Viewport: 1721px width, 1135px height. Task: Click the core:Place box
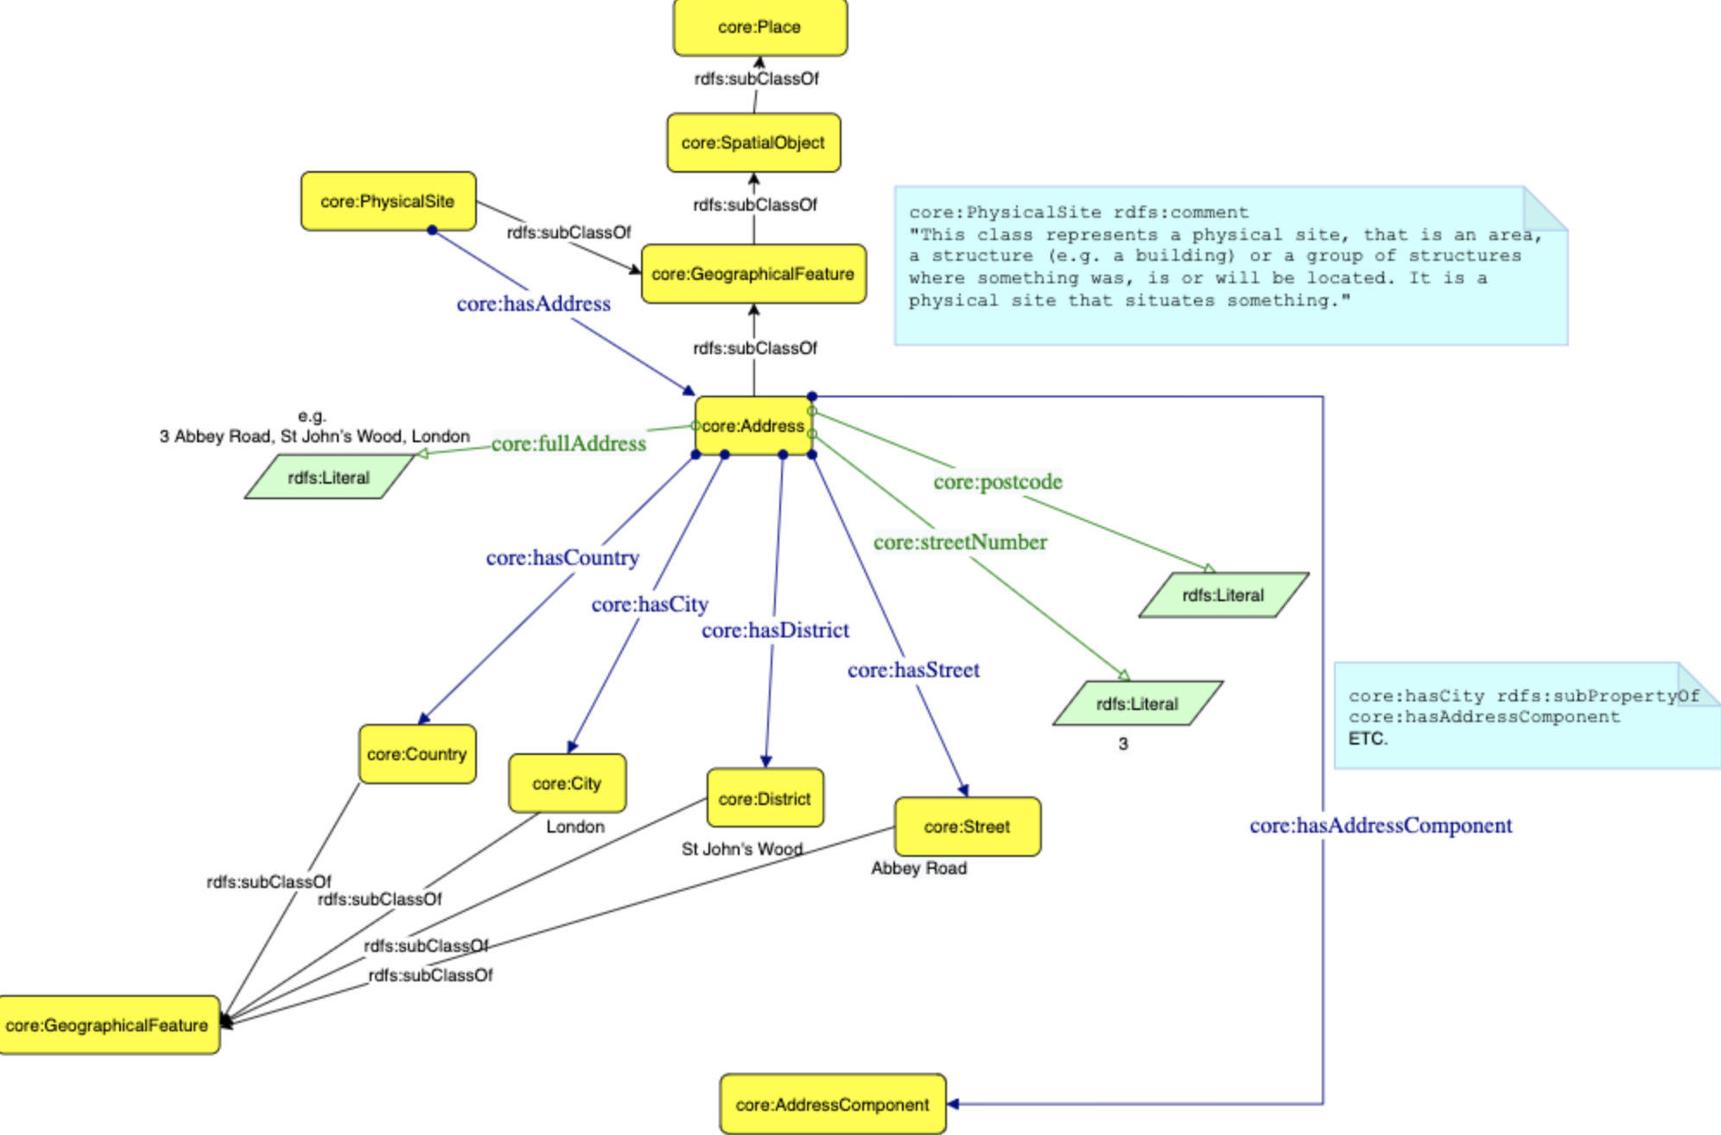(x=759, y=28)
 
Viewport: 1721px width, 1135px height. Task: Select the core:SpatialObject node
(x=753, y=143)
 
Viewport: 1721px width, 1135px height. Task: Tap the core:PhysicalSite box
(x=388, y=201)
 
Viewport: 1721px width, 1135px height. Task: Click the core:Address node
(x=753, y=426)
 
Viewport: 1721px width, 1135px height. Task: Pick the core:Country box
(x=417, y=754)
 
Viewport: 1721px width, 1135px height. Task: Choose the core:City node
(x=567, y=783)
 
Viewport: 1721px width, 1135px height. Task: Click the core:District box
(x=765, y=798)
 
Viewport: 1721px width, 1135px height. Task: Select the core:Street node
(x=967, y=827)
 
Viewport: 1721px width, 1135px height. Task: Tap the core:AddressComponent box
(x=832, y=1104)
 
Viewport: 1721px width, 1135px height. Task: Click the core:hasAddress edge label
(x=533, y=304)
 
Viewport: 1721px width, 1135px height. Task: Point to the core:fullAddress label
(x=568, y=444)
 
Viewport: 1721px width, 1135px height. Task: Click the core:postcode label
(x=998, y=482)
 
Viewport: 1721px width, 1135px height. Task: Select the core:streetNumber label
(x=960, y=542)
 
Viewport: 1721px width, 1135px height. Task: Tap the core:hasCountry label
(x=562, y=558)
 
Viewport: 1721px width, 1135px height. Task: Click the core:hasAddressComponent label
(x=1381, y=826)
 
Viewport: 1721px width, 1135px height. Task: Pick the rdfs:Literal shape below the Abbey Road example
(x=329, y=478)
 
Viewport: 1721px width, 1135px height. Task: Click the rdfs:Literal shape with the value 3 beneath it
(x=1137, y=703)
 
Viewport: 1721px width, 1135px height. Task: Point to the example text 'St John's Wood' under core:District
(x=741, y=849)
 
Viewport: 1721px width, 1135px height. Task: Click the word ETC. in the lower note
(x=1368, y=739)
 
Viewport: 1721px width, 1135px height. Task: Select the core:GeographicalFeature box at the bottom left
(x=107, y=1025)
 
